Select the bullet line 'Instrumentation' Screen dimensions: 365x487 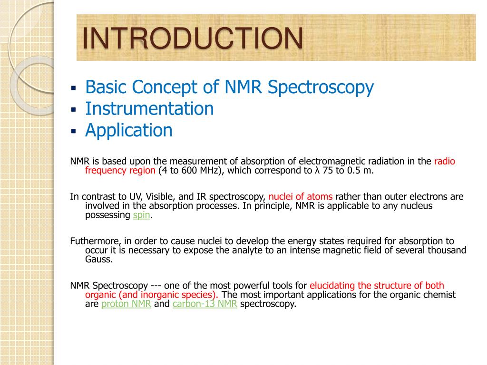click(149, 109)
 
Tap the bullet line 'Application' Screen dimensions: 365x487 click(128, 130)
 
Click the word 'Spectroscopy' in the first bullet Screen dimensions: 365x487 click(321, 87)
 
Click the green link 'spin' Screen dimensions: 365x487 click(141, 215)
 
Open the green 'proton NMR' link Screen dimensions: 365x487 click(126, 304)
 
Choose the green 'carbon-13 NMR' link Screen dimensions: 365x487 click(205, 304)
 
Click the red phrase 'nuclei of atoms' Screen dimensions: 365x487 click(301, 197)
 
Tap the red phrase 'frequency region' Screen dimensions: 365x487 click(120, 171)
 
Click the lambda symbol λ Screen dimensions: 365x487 click(317, 171)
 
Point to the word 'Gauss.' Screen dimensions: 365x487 click(99, 259)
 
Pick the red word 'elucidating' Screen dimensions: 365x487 click(332, 286)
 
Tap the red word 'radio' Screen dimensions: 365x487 click(445, 162)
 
